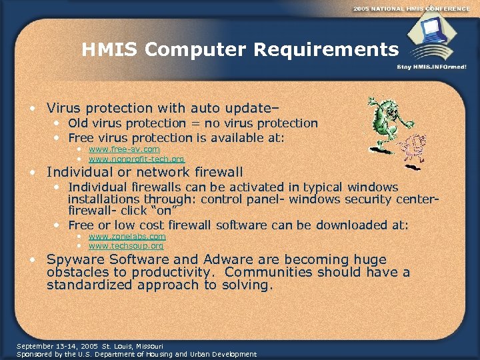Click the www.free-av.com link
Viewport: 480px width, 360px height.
tap(124, 149)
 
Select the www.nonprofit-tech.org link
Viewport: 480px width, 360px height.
tap(136, 159)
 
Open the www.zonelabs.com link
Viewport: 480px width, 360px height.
tap(127, 236)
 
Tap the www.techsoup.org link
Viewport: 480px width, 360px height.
tap(125, 246)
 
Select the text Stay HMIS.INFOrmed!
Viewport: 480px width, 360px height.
tap(431, 67)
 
